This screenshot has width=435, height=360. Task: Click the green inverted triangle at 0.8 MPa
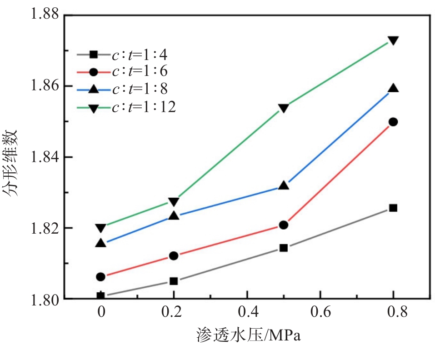(x=393, y=40)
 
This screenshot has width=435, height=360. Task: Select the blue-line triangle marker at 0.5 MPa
(x=284, y=185)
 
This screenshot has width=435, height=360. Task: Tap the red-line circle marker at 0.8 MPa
(x=393, y=122)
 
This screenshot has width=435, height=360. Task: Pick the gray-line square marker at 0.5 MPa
(x=284, y=248)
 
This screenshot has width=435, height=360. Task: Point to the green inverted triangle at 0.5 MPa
(x=284, y=108)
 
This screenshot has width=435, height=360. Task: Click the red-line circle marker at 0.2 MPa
(x=174, y=256)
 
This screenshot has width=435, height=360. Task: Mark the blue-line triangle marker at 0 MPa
(x=101, y=243)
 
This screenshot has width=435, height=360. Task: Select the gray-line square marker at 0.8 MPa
(x=393, y=208)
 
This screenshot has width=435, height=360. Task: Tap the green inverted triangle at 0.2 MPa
(x=174, y=201)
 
